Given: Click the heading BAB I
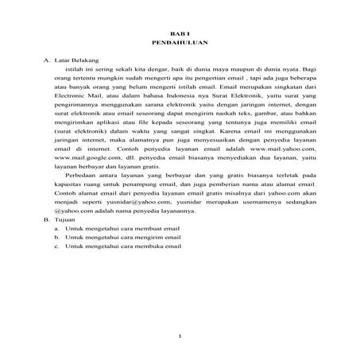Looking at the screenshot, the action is point(180,29).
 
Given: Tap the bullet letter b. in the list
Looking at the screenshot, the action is point(57,236).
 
